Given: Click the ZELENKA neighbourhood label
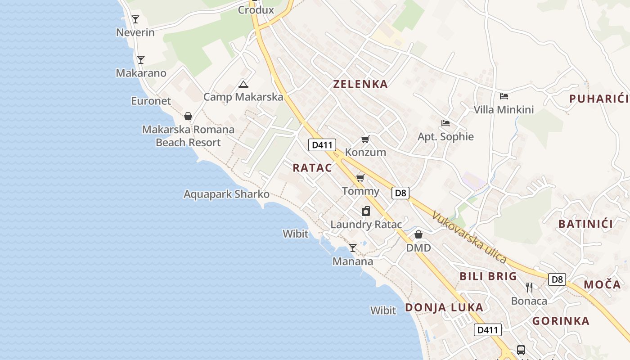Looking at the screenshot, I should pos(360,84).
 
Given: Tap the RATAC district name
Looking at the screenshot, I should pos(312,168).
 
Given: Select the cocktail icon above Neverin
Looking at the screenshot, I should pos(135,19).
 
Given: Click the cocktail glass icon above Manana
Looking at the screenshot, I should pos(353,248).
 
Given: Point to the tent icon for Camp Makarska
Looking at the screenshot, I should pos(243,84).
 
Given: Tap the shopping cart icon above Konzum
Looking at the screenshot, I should pos(365,139).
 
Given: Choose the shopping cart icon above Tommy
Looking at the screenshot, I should pos(360,178).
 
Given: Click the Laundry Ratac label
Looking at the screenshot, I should pos(366,224).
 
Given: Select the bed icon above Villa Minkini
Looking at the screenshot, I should pos(504,96).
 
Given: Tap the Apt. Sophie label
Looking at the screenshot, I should pos(445,136).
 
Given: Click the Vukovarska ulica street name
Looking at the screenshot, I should pos(469,237).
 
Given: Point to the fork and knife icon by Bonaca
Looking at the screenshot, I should pos(529,287).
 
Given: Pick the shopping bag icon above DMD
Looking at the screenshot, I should pos(418,234).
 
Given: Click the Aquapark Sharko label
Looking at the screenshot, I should pos(226,194).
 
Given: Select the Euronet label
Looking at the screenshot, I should pos(151,101).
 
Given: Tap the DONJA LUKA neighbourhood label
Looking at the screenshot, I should pos(444,308).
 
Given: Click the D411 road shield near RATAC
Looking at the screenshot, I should pos(322,145).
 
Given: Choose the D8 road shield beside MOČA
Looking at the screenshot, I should pos(557,279).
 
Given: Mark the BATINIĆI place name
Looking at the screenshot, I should pos(585,224).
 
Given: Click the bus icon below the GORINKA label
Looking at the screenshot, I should pos(521,350).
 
